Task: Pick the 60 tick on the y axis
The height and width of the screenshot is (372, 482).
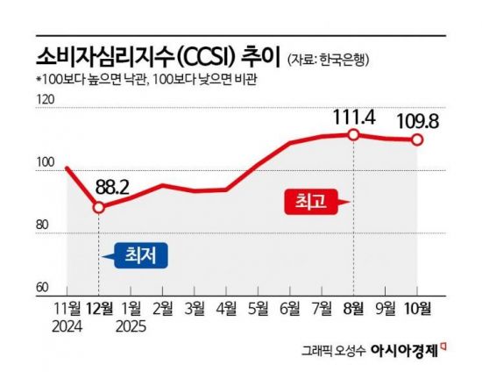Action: point(43,288)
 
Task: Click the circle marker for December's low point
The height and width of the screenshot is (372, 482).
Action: point(99,207)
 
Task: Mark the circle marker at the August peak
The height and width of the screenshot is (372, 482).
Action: point(353,134)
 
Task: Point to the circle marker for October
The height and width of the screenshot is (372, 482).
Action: point(418,139)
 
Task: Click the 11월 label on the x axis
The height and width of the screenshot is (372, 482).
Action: point(67,308)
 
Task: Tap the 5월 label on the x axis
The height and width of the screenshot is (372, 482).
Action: point(258,308)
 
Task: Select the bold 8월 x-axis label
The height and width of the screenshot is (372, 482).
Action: point(353,308)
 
